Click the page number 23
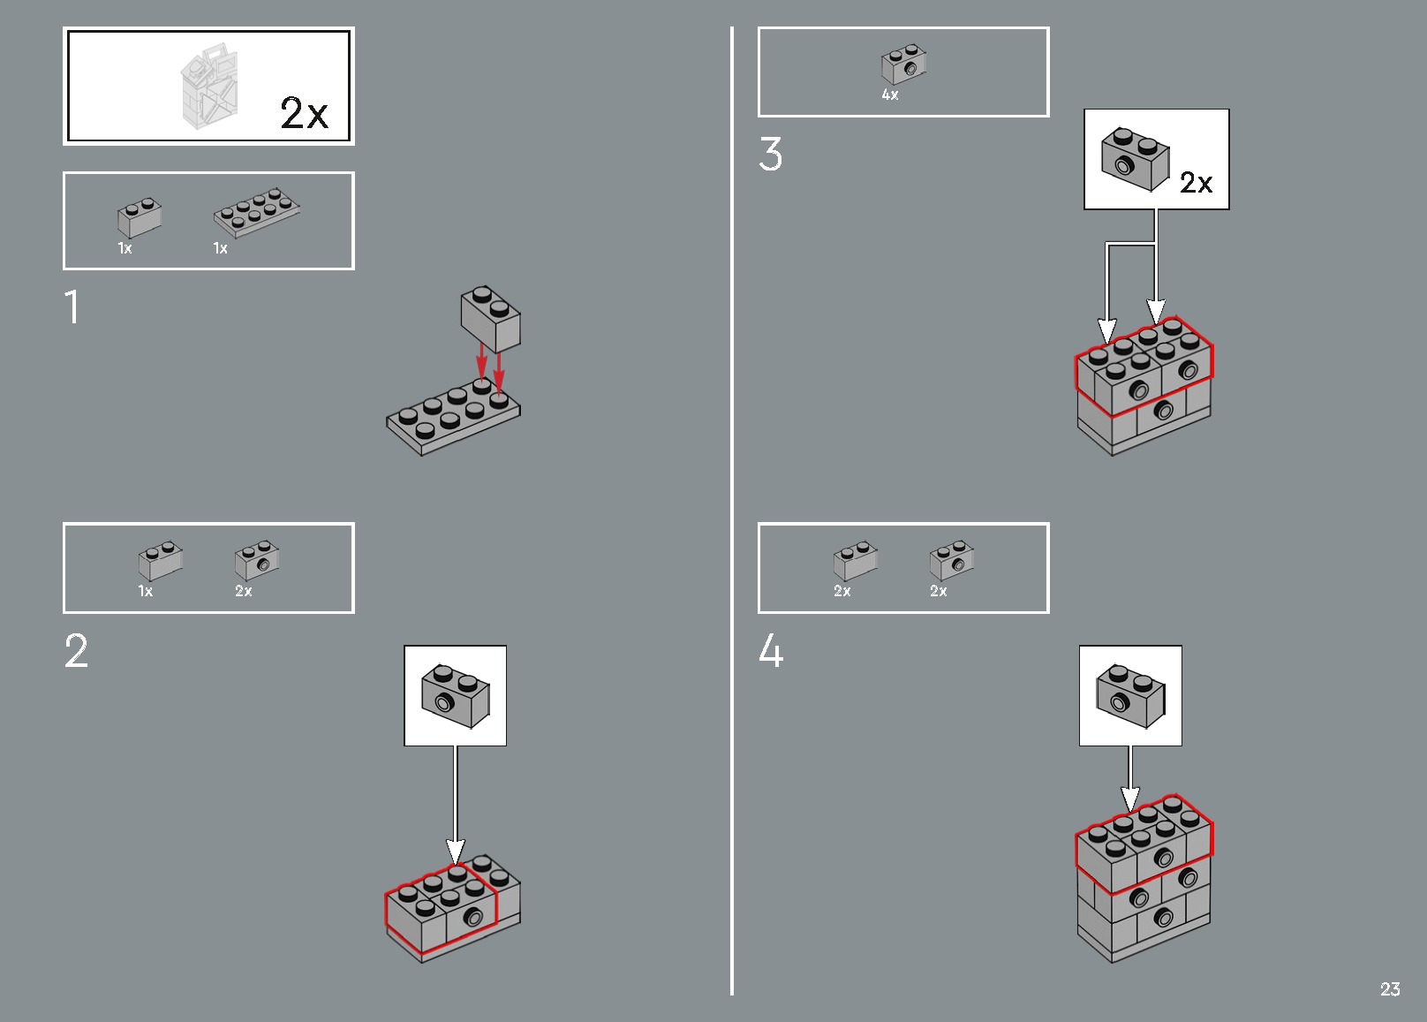point(1390,989)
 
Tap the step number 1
point(72,308)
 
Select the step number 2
point(76,652)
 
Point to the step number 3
point(770,155)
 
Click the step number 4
point(771,652)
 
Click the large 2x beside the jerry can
point(304,114)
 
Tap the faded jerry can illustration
point(209,87)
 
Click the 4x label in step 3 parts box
point(890,95)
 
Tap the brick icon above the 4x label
point(903,64)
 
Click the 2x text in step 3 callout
point(1196,183)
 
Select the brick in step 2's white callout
point(455,696)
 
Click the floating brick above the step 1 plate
point(490,319)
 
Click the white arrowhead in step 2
point(455,852)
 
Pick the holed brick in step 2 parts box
point(257,561)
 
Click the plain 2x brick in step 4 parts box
point(855,561)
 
